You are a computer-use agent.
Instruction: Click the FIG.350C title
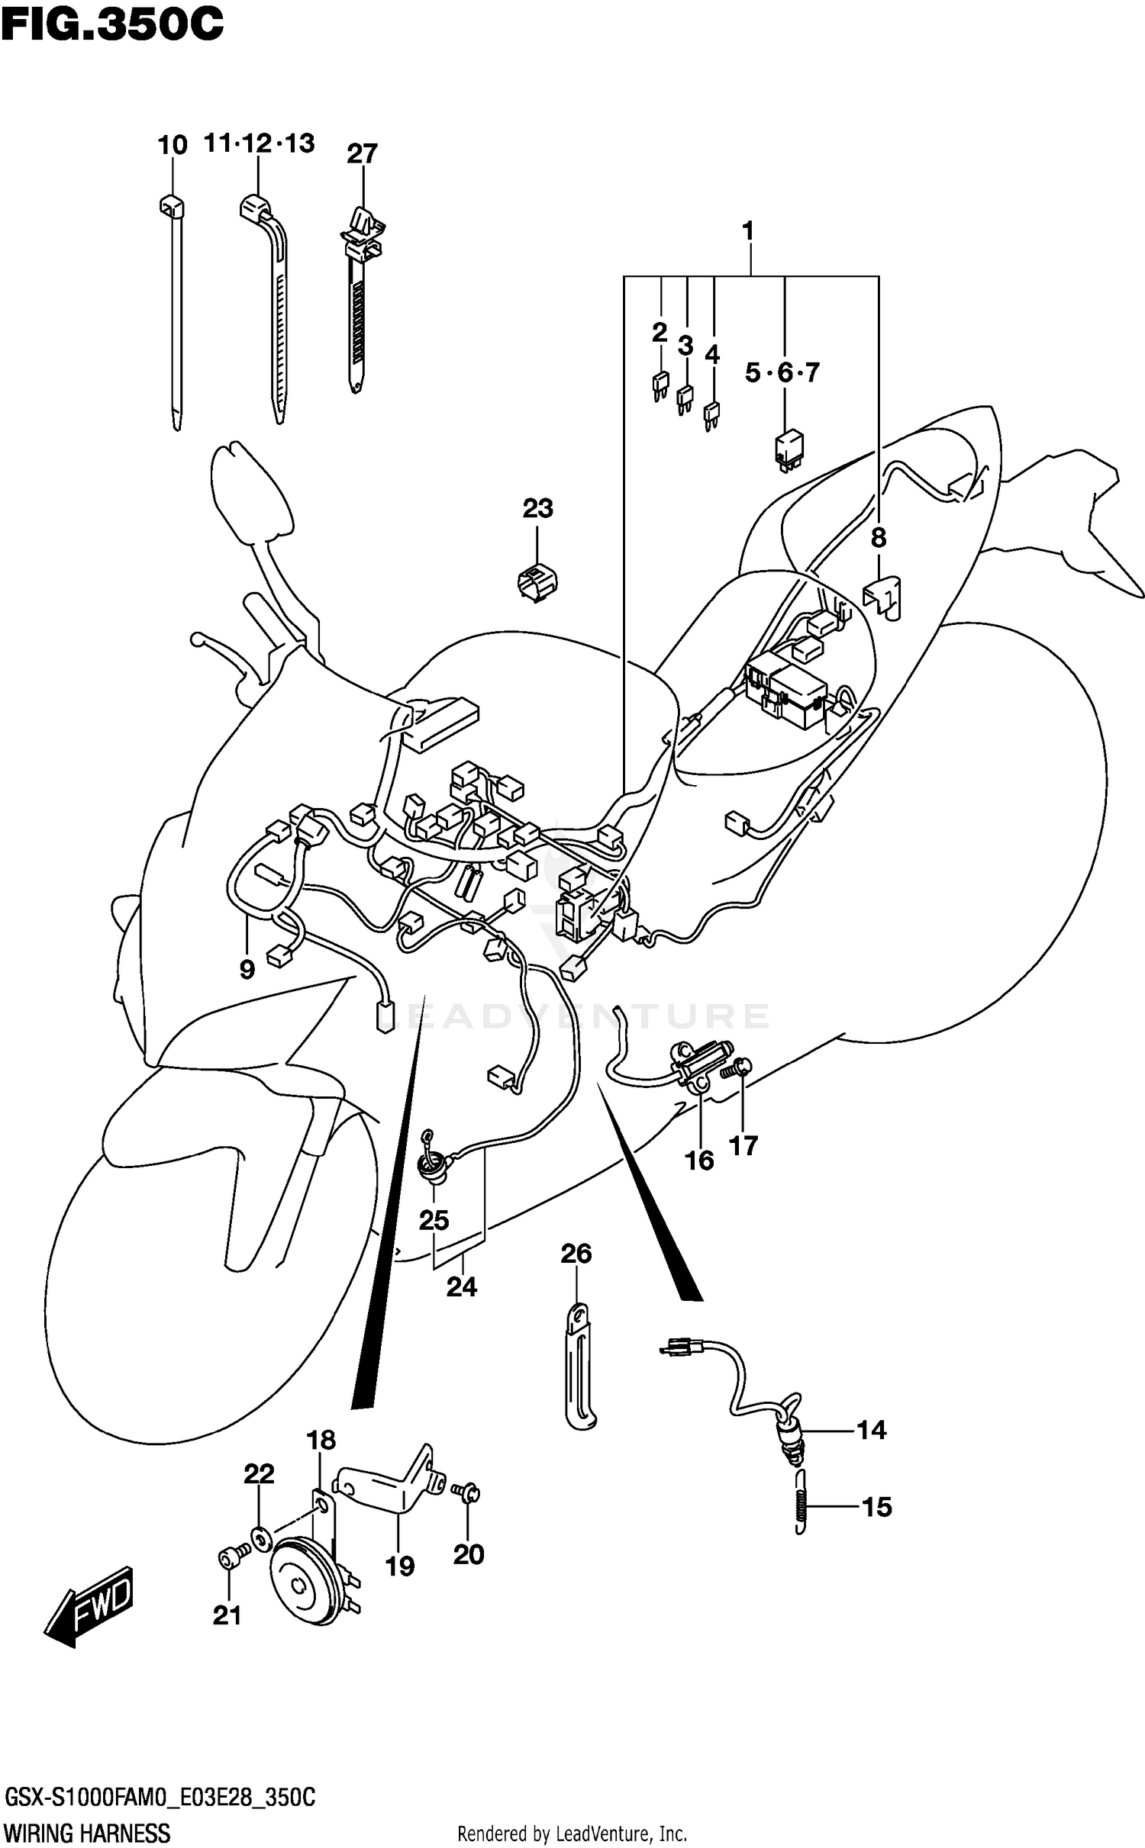pyautogui.click(x=112, y=24)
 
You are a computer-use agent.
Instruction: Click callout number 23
pyautogui.click(x=537, y=508)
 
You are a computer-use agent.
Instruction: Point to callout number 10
pyautogui.click(x=173, y=145)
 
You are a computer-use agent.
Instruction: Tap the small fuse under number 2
pyautogui.click(x=660, y=384)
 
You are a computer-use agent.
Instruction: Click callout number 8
pyautogui.click(x=879, y=538)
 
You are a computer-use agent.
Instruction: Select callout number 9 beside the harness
pyautogui.click(x=247, y=970)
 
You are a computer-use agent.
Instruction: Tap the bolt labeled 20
pyautogui.click(x=465, y=1490)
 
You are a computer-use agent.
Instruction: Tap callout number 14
pyautogui.click(x=871, y=1429)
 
